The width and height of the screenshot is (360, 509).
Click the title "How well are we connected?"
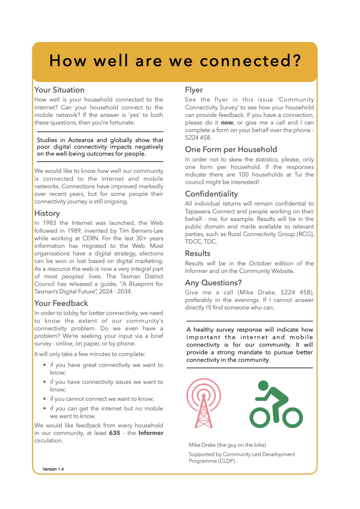175,61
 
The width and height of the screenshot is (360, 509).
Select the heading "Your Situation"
59,90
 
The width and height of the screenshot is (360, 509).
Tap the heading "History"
47,213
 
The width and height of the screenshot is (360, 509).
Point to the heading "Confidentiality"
211,194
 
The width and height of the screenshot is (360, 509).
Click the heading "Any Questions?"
213,283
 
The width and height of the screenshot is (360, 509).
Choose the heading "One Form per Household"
231,149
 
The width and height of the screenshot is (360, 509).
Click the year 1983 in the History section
50,223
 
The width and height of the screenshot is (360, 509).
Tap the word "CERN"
90,238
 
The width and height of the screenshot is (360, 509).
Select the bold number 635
115,433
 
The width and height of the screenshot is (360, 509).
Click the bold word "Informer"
151,433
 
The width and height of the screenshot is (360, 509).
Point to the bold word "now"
227,122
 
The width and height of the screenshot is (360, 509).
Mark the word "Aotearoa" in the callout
81,140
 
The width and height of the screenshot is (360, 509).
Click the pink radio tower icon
204,403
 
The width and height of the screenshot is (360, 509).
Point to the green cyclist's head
263,385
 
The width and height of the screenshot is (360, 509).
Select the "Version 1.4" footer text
53,469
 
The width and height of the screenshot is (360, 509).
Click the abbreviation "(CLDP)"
227,461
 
